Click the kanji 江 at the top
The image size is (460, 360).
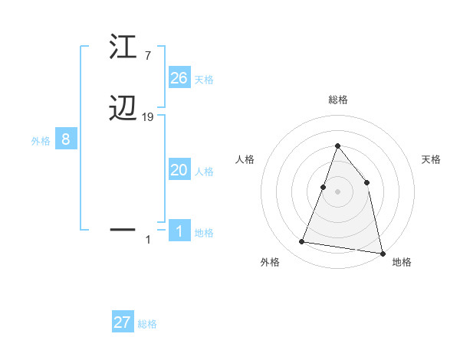click(123, 47)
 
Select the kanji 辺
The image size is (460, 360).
click(123, 110)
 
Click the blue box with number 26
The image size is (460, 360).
click(179, 78)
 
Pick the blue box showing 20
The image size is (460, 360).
click(179, 170)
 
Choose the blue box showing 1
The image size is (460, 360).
click(179, 231)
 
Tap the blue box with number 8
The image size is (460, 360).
click(66, 139)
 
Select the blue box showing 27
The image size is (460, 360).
click(123, 322)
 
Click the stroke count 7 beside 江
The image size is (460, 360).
click(147, 56)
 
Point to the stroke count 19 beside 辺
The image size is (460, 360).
click(149, 117)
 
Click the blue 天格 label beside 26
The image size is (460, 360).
click(204, 80)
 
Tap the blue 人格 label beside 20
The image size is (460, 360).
click(204, 172)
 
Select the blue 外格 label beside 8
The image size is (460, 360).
click(41, 141)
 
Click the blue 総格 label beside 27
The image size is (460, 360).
click(147, 324)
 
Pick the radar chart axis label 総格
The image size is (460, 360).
click(338, 100)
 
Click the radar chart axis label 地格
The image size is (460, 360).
click(402, 262)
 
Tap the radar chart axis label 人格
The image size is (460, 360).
click(245, 159)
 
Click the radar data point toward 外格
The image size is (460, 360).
click(302, 242)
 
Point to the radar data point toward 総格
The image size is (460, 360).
click(337, 146)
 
